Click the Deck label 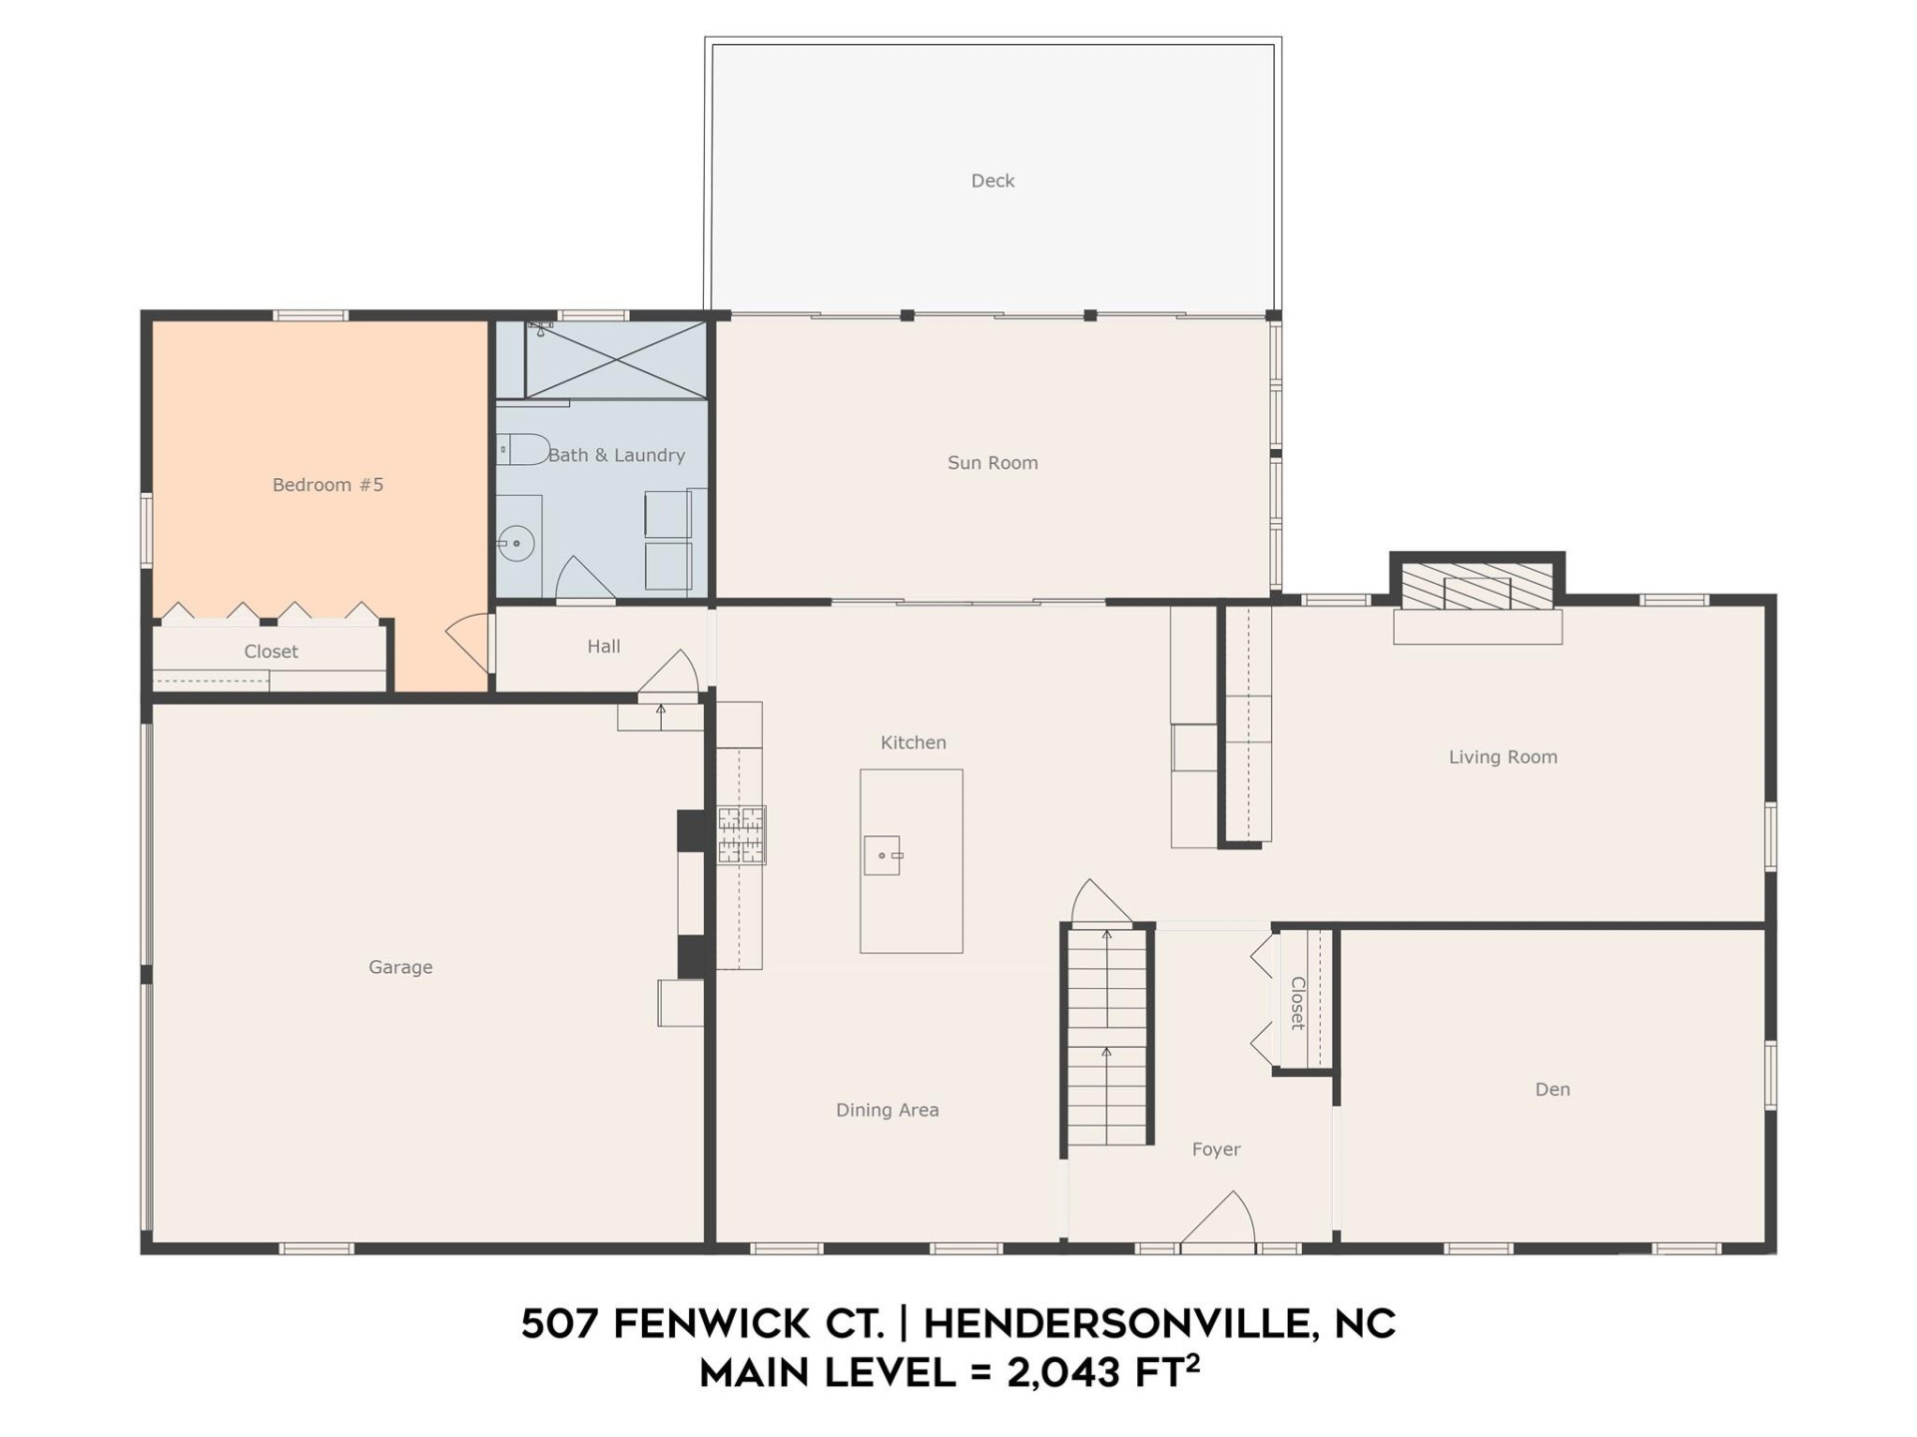click(992, 181)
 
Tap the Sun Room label click(992, 463)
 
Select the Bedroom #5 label click(327, 485)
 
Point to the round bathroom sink click(516, 544)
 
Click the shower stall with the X click(616, 360)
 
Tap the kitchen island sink click(883, 855)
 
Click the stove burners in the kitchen click(741, 834)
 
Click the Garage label click(400, 967)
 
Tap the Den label click(1553, 1090)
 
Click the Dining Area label click(887, 1110)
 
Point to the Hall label click(603, 647)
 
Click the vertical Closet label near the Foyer click(1297, 1003)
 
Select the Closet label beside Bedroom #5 click(271, 652)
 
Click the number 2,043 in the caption click(1063, 1374)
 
